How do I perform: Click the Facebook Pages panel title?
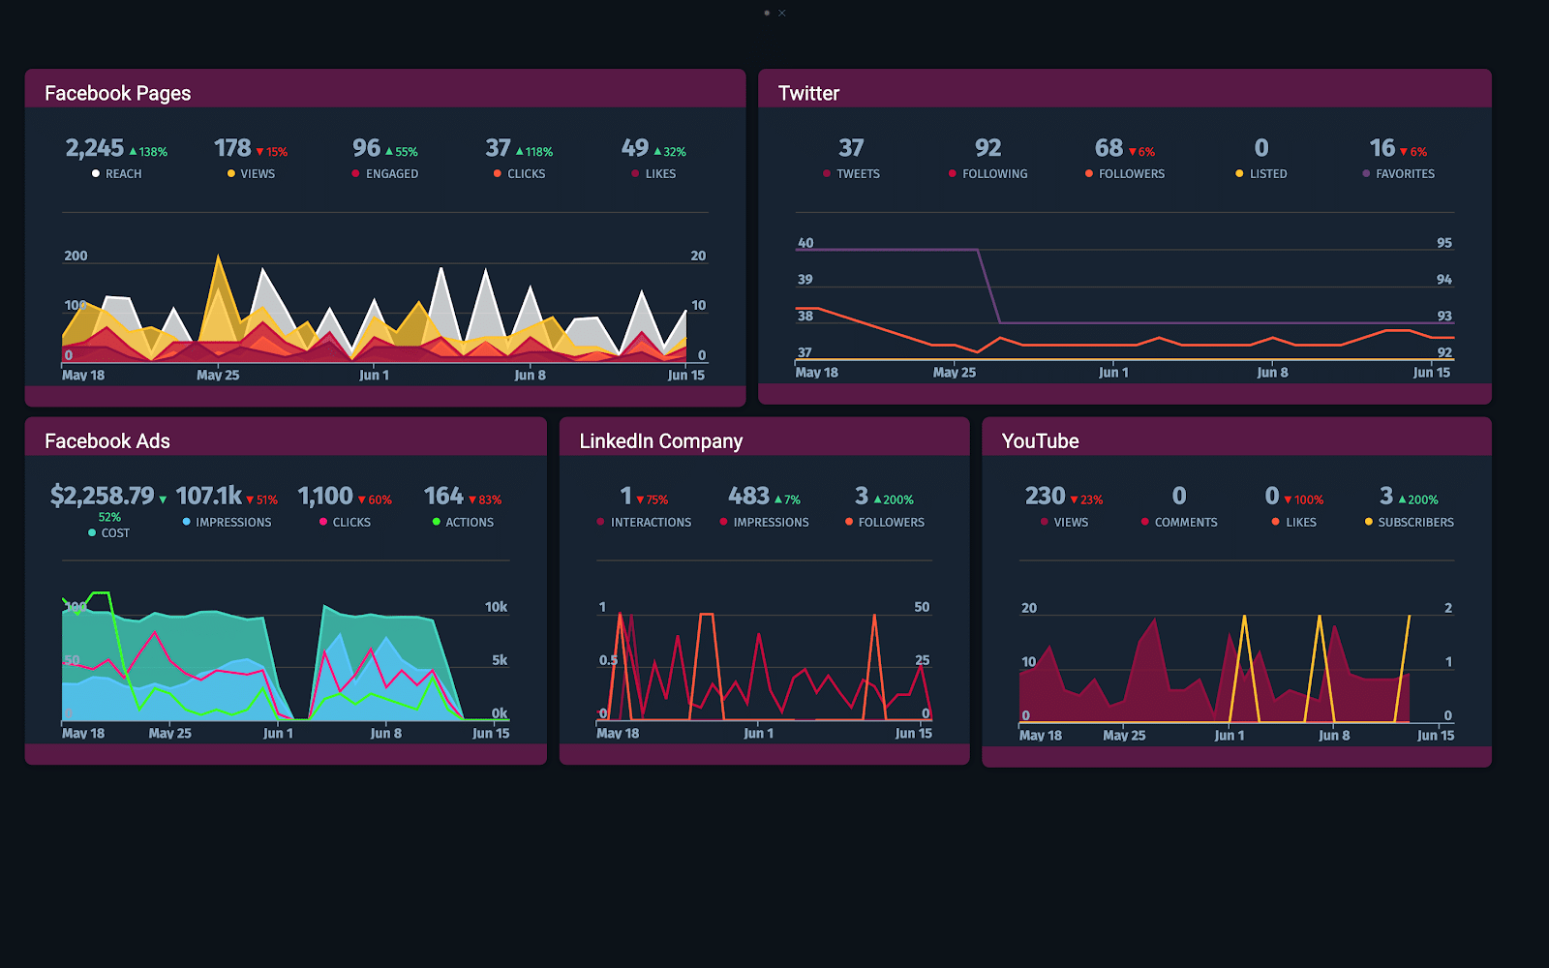tap(117, 94)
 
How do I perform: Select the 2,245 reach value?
tap(95, 148)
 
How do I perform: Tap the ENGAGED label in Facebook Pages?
tap(391, 174)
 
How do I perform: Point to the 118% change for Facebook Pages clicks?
tap(538, 152)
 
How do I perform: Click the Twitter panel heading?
tap(808, 94)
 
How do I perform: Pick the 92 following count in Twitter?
tap(987, 148)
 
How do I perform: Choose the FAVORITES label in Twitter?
tap(1405, 174)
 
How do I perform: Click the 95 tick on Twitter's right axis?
tap(1443, 243)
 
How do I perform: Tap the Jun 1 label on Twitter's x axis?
tap(1113, 373)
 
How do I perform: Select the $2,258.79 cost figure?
tap(102, 497)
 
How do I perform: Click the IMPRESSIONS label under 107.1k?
tap(233, 523)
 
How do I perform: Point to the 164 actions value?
tap(443, 497)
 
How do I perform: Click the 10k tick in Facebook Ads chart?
tap(496, 607)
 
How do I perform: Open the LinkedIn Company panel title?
tap(660, 441)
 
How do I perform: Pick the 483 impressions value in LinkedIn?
tap(748, 497)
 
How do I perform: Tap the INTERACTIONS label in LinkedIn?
tap(651, 523)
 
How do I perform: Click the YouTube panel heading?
tap(1040, 441)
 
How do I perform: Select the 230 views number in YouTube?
tap(1045, 497)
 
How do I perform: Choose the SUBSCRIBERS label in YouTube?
tap(1415, 523)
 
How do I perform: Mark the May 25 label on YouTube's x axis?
tap(1124, 736)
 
